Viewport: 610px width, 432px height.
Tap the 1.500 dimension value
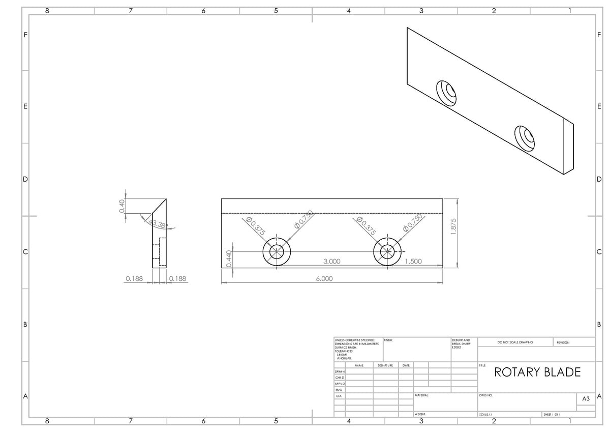(413, 262)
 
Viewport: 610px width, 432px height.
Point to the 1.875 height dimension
(454, 226)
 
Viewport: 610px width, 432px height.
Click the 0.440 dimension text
(229, 258)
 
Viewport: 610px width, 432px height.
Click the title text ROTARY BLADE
(537, 372)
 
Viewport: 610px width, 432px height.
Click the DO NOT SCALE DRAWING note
(515, 342)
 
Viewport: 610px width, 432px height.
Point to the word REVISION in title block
(563, 342)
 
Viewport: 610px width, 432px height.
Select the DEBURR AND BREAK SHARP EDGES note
(461, 343)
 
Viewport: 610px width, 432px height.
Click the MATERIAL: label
(422, 395)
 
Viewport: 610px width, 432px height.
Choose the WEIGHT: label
(420, 415)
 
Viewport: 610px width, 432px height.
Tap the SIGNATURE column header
(385, 365)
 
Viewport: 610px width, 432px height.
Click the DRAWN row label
(340, 372)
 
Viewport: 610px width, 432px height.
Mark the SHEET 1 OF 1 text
(552, 415)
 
